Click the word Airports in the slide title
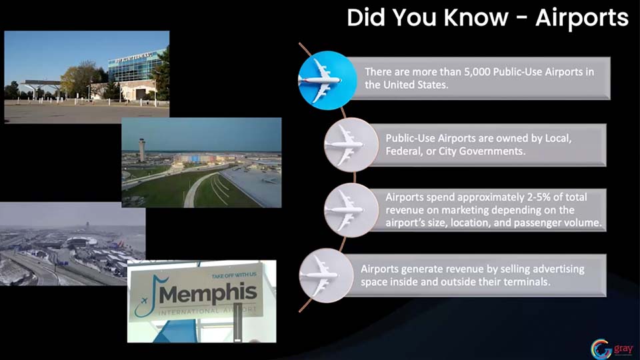[x=581, y=17]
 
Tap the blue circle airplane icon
[x=327, y=81]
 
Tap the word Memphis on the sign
[x=208, y=293]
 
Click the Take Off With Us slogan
[x=234, y=275]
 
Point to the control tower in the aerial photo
[x=141, y=149]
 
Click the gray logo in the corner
[x=611, y=349]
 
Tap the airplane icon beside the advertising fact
[x=326, y=275]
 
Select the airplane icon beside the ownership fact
[x=351, y=145]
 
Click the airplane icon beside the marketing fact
[x=351, y=210]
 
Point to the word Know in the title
[x=475, y=17]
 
